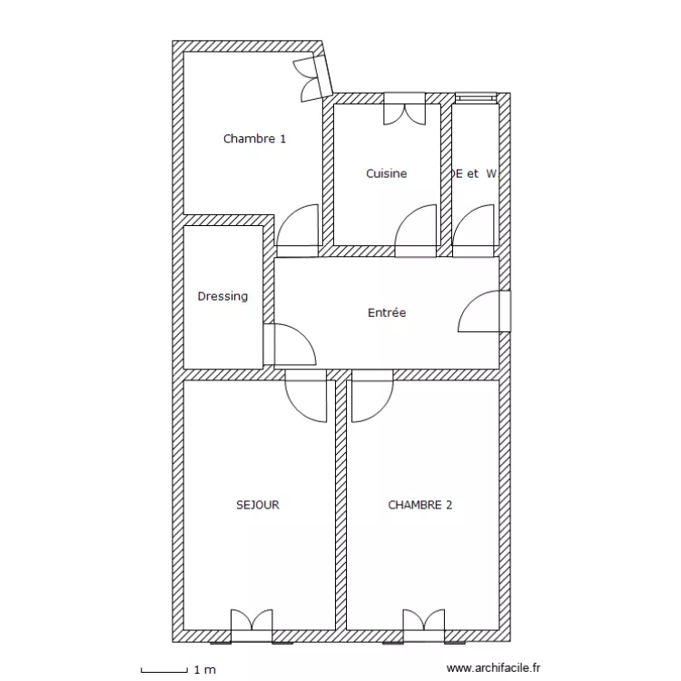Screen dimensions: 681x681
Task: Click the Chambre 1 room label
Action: (254, 139)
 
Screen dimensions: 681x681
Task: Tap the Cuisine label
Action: (386, 173)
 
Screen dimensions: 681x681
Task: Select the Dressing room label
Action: (222, 296)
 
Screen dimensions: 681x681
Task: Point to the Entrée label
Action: (387, 312)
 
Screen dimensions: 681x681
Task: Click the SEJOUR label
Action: (257, 505)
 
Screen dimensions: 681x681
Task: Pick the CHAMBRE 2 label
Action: (419, 505)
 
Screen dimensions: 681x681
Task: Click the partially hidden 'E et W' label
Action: (473, 173)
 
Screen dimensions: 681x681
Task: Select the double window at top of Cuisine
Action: (402, 110)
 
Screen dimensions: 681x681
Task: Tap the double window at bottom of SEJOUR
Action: (251, 625)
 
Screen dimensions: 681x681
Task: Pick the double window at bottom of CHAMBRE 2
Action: (424, 625)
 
